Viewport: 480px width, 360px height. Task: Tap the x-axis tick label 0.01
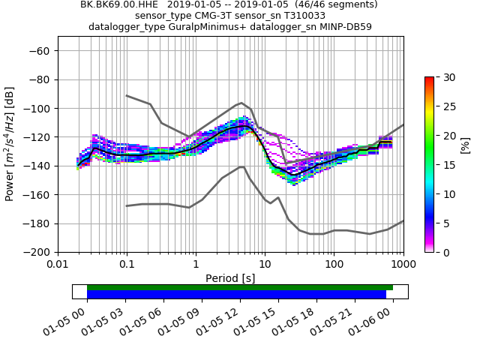tap(58, 264)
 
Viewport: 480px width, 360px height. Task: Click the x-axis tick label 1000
tap(403, 264)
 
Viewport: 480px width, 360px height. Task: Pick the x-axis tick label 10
tap(265, 264)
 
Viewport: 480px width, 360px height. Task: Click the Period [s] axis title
tap(230, 277)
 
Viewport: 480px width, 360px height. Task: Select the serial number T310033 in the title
tap(300, 16)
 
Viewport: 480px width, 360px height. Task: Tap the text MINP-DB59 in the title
tap(346, 27)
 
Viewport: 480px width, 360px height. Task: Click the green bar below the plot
tap(240, 287)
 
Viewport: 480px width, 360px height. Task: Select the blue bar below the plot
tap(236, 295)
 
